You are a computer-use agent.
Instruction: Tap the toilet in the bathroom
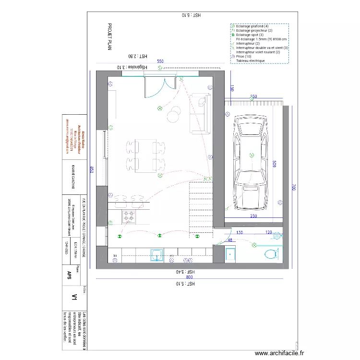pos(270,254)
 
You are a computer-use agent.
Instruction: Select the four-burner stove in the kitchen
pos(129,216)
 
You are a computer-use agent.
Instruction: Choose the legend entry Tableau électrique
pos(250,61)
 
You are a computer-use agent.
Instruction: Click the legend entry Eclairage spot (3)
pos(250,35)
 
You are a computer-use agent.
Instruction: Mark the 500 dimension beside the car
pos(274,164)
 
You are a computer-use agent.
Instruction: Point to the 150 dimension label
pos(231,88)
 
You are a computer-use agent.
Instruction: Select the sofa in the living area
pos(200,114)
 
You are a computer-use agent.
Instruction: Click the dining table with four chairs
pos(144,156)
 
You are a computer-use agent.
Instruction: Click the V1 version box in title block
pos(74,298)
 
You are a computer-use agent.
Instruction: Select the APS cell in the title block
pos(70,274)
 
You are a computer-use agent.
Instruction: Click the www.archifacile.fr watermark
pos(279,353)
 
